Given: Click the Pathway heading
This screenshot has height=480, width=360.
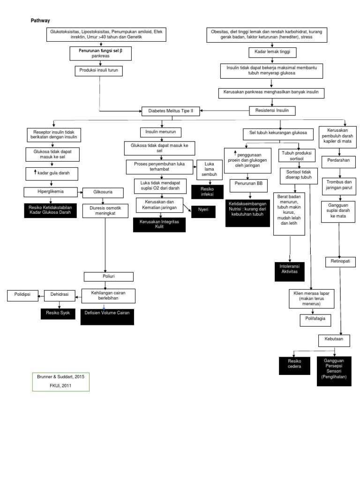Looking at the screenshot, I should (x=40, y=21).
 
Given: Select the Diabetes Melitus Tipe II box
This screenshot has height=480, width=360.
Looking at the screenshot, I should (x=171, y=112).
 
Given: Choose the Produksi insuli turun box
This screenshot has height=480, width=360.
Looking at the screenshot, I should (x=99, y=71).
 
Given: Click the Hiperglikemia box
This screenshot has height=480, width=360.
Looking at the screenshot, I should (x=51, y=191).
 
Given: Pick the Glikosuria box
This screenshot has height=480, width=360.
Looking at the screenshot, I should (x=103, y=192).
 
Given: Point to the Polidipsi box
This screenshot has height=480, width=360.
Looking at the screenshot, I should (x=22, y=295).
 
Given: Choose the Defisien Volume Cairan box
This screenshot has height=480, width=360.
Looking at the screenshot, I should (x=107, y=316).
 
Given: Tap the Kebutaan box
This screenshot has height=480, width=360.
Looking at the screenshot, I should (x=334, y=338).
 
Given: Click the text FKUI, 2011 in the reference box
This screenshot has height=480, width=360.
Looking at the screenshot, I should (x=60, y=385).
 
